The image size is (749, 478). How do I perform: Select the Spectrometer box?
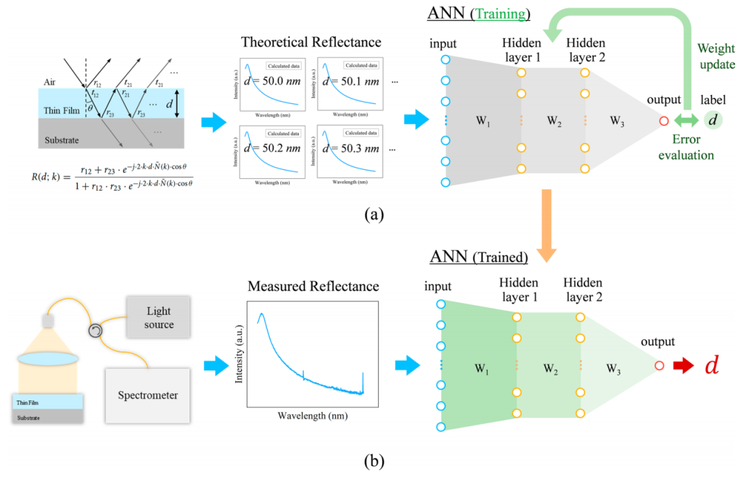click(146, 395)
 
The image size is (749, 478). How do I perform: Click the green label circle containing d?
click(712, 121)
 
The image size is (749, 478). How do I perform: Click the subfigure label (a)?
click(374, 214)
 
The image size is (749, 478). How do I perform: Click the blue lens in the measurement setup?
click(47, 359)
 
